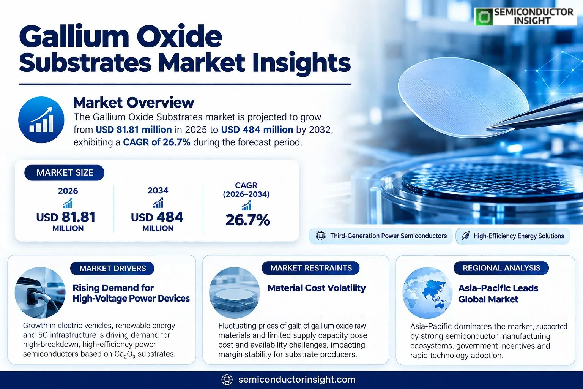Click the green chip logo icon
tap(484, 17)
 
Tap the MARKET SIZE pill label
tap(64, 172)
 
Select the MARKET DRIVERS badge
tap(112, 268)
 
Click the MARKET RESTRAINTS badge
tap(311, 268)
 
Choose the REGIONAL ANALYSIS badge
tap(501, 268)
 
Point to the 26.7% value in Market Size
tap(248, 220)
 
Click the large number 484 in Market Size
tap(170, 217)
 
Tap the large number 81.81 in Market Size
tap(78, 217)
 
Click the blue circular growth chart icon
tap(41, 120)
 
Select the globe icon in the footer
tap(227, 380)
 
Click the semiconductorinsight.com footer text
tap(297, 380)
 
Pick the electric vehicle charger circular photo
tap(40, 293)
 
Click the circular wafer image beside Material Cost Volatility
tap(235, 293)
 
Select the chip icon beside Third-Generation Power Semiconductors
tap(321, 236)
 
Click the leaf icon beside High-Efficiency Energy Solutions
tap(465, 236)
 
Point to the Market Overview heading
tap(134, 103)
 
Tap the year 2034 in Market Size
tap(158, 190)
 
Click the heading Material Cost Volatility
tap(317, 288)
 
